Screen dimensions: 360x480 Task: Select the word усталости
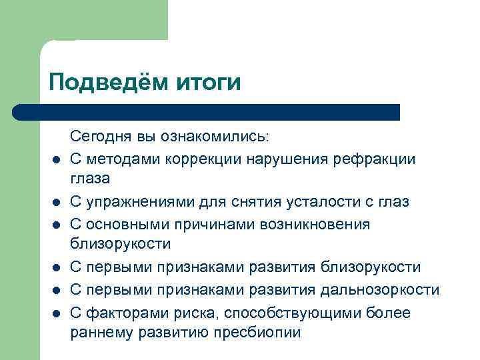tap(313, 201)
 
